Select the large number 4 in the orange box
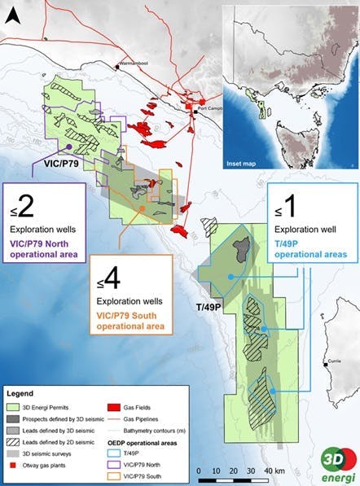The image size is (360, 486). (x=112, y=279)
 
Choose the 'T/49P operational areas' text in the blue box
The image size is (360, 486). (x=310, y=248)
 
